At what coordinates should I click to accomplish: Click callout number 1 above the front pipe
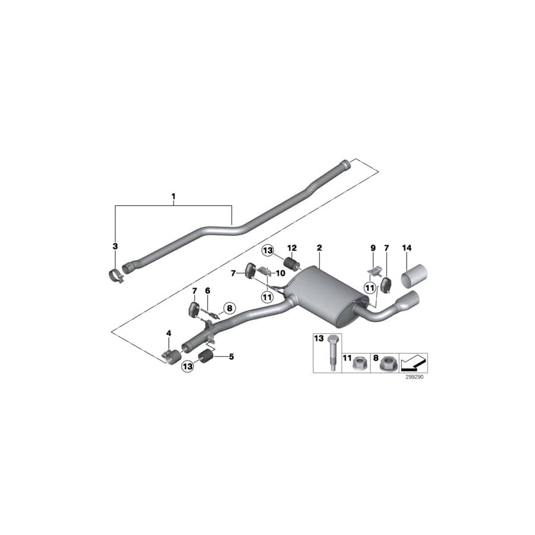[174, 196]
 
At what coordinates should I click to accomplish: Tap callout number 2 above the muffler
[319, 247]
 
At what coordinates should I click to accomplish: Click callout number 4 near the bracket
[169, 333]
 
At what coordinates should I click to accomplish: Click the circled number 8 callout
[229, 309]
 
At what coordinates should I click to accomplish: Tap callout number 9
[373, 247]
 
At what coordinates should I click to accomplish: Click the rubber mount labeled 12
[292, 263]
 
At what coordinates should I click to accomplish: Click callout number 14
[407, 247]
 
